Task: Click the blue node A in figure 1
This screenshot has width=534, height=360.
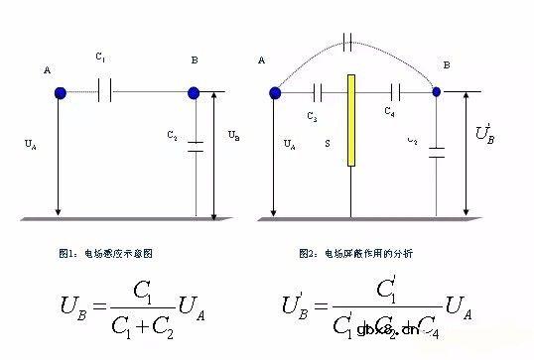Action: click(x=61, y=93)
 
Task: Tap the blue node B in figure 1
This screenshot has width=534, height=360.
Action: click(x=194, y=93)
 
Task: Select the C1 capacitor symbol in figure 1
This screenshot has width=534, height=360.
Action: click(x=107, y=93)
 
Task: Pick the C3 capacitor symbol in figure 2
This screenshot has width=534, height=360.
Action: click(x=318, y=93)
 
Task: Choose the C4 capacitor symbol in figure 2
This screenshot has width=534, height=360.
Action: click(x=395, y=93)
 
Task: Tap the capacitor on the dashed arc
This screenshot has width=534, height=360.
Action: click(x=346, y=43)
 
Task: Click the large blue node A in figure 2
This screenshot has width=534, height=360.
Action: click(x=275, y=93)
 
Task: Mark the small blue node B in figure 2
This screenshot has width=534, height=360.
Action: click(x=437, y=92)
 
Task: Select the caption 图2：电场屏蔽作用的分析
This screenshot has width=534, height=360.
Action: click(x=355, y=254)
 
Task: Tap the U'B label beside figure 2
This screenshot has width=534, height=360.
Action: click(x=484, y=133)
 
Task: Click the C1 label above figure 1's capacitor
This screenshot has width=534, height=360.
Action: click(x=101, y=59)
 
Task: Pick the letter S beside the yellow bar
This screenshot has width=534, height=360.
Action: click(x=328, y=144)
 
